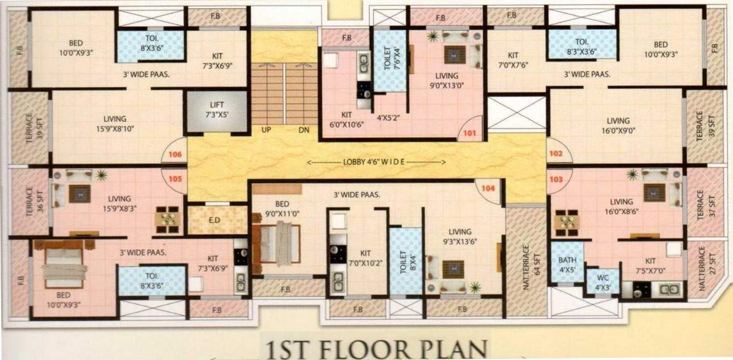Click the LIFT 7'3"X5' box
pos(208,111)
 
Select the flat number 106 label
pos(174,155)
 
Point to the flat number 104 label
pos(488,188)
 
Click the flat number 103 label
pos(556,179)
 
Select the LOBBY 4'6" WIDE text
pos(376,162)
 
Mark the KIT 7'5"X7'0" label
pos(650,266)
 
